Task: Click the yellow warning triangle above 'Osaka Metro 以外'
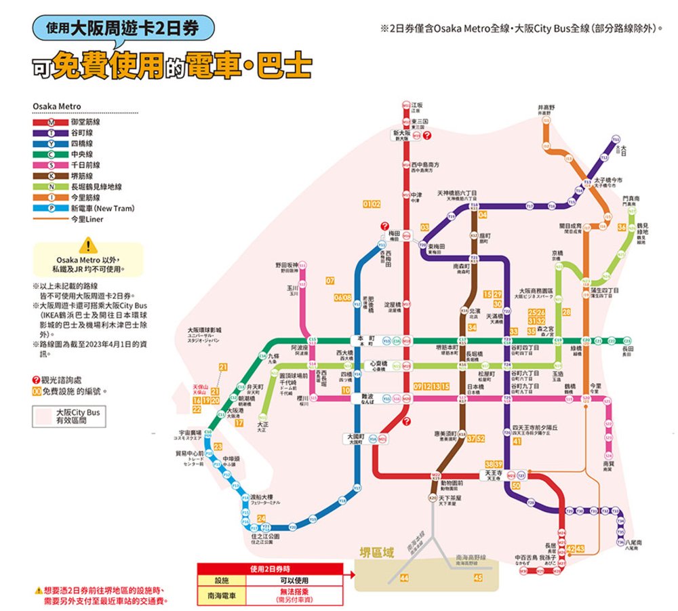(87, 247)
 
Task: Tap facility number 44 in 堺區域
(404, 577)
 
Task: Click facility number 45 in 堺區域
(478, 577)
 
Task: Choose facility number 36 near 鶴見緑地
(621, 227)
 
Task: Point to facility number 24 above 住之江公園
(261, 519)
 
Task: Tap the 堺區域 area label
(377, 553)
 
